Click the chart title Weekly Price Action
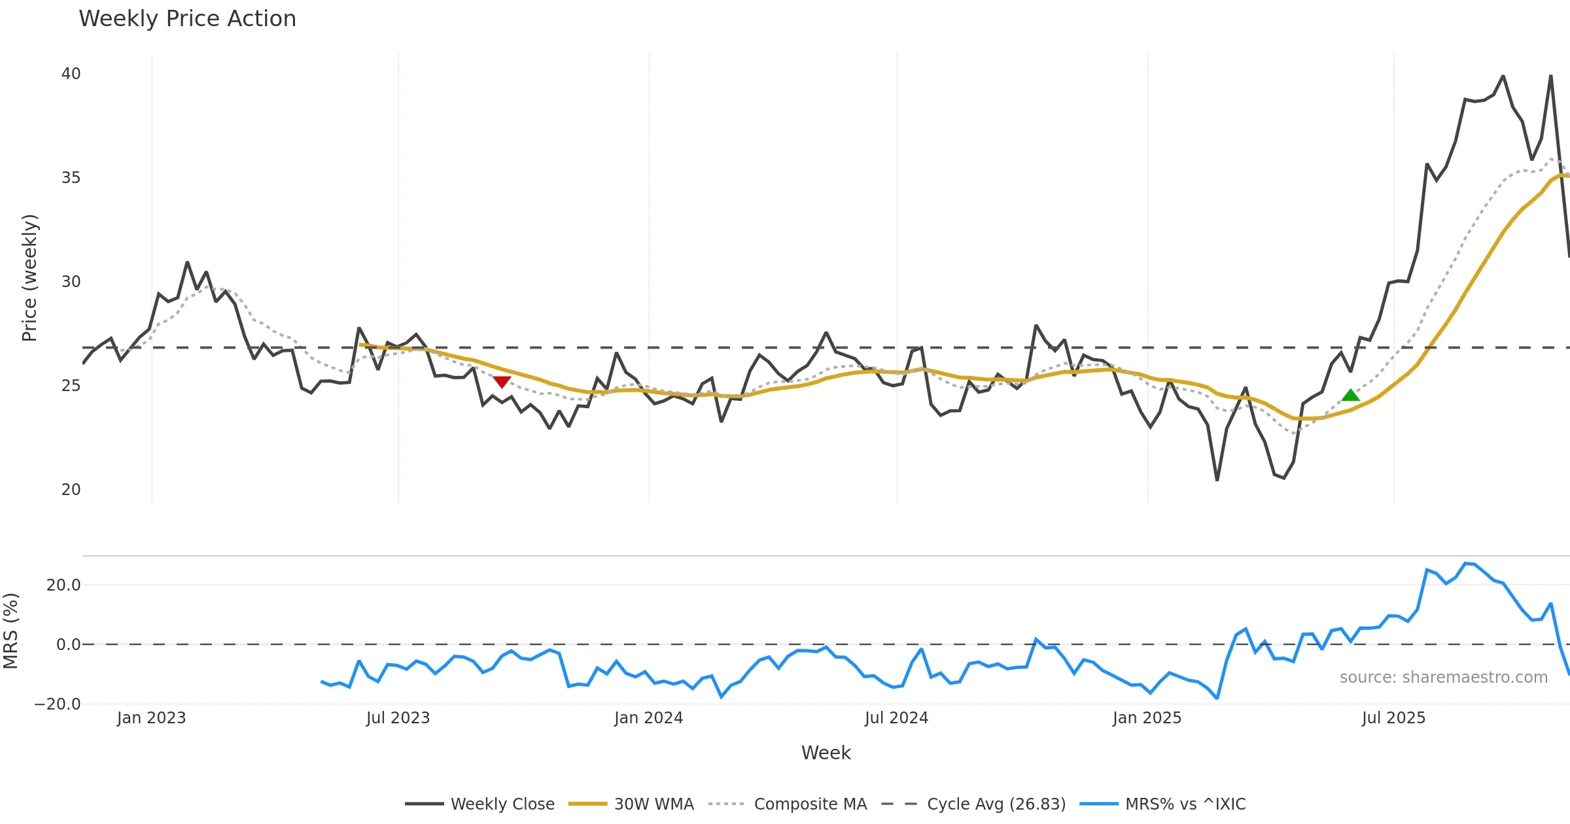click(187, 19)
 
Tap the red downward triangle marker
click(502, 382)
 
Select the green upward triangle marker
click(1350, 395)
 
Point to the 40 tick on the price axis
click(71, 74)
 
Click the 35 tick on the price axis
click(71, 178)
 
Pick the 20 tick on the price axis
click(71, 490)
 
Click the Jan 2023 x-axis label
click(151, 718)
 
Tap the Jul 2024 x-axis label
click(896, 718)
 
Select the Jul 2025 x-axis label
click(1393, 718)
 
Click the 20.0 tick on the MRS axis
click(63, 585)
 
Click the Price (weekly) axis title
click(29, 278)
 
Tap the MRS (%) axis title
click(10, 631)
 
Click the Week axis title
click(826, 753)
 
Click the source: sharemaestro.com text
click(1443, 678)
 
